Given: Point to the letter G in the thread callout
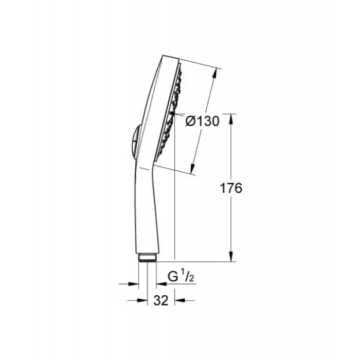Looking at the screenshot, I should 173,279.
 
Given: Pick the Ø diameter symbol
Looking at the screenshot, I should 189,121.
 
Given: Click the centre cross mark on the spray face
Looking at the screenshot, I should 173,114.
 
